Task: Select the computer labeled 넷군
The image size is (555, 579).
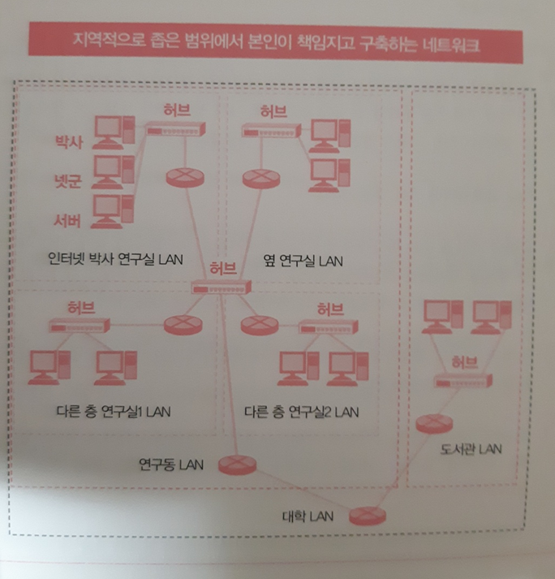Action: pyautogui.click(x=112, y=171)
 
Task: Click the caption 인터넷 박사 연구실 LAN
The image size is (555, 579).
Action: pyautogui.click(x=114, y=260)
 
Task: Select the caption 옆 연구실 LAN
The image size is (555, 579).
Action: pyautogui.click(x=303, y=261)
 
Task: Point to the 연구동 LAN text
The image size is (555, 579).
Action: pyautogui.click(x=170, y=464)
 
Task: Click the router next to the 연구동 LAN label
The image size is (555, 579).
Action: pyautogui.click(x=235, y=464)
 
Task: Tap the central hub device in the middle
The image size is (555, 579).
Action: pyautogui.click(x=222, y=287)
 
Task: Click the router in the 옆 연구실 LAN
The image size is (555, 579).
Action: pyautogui.click(x=258, y=177)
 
